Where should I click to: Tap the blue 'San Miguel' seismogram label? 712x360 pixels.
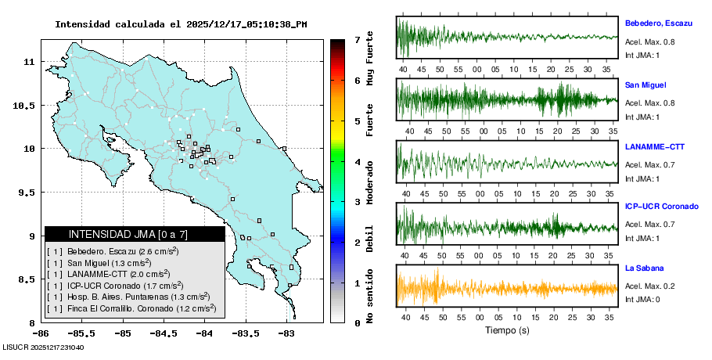click(x=645, y=85)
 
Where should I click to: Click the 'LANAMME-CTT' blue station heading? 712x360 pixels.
click(x=654, y=146)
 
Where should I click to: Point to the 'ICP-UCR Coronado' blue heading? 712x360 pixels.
click(x=661, y=207)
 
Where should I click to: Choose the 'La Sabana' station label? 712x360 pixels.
click(x=644, y=268)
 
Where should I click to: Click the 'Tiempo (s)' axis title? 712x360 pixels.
click(x=507, y=330)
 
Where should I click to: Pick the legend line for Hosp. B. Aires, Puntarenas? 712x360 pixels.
click(x=131, y=297)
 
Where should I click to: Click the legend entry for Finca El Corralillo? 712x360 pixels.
click(x=131, y=308)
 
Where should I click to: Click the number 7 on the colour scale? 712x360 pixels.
click(x=357, y=39)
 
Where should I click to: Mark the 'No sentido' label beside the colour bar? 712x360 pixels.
click(x=370, y=298)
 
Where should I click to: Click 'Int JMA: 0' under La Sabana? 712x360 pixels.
click(x=642, y=300)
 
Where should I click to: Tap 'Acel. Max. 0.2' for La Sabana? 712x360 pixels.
click(x=649, y=286)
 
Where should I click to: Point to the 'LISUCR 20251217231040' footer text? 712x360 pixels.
click(x=43, y=347)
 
